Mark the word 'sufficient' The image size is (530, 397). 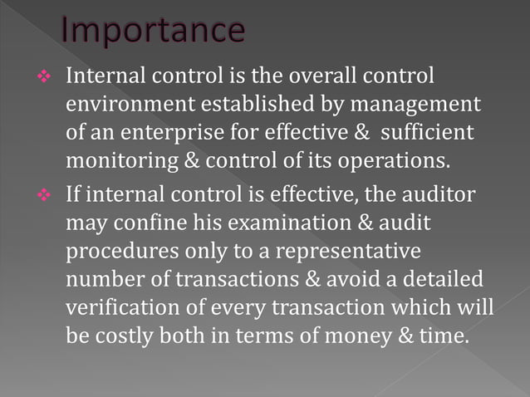click(429, 133)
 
